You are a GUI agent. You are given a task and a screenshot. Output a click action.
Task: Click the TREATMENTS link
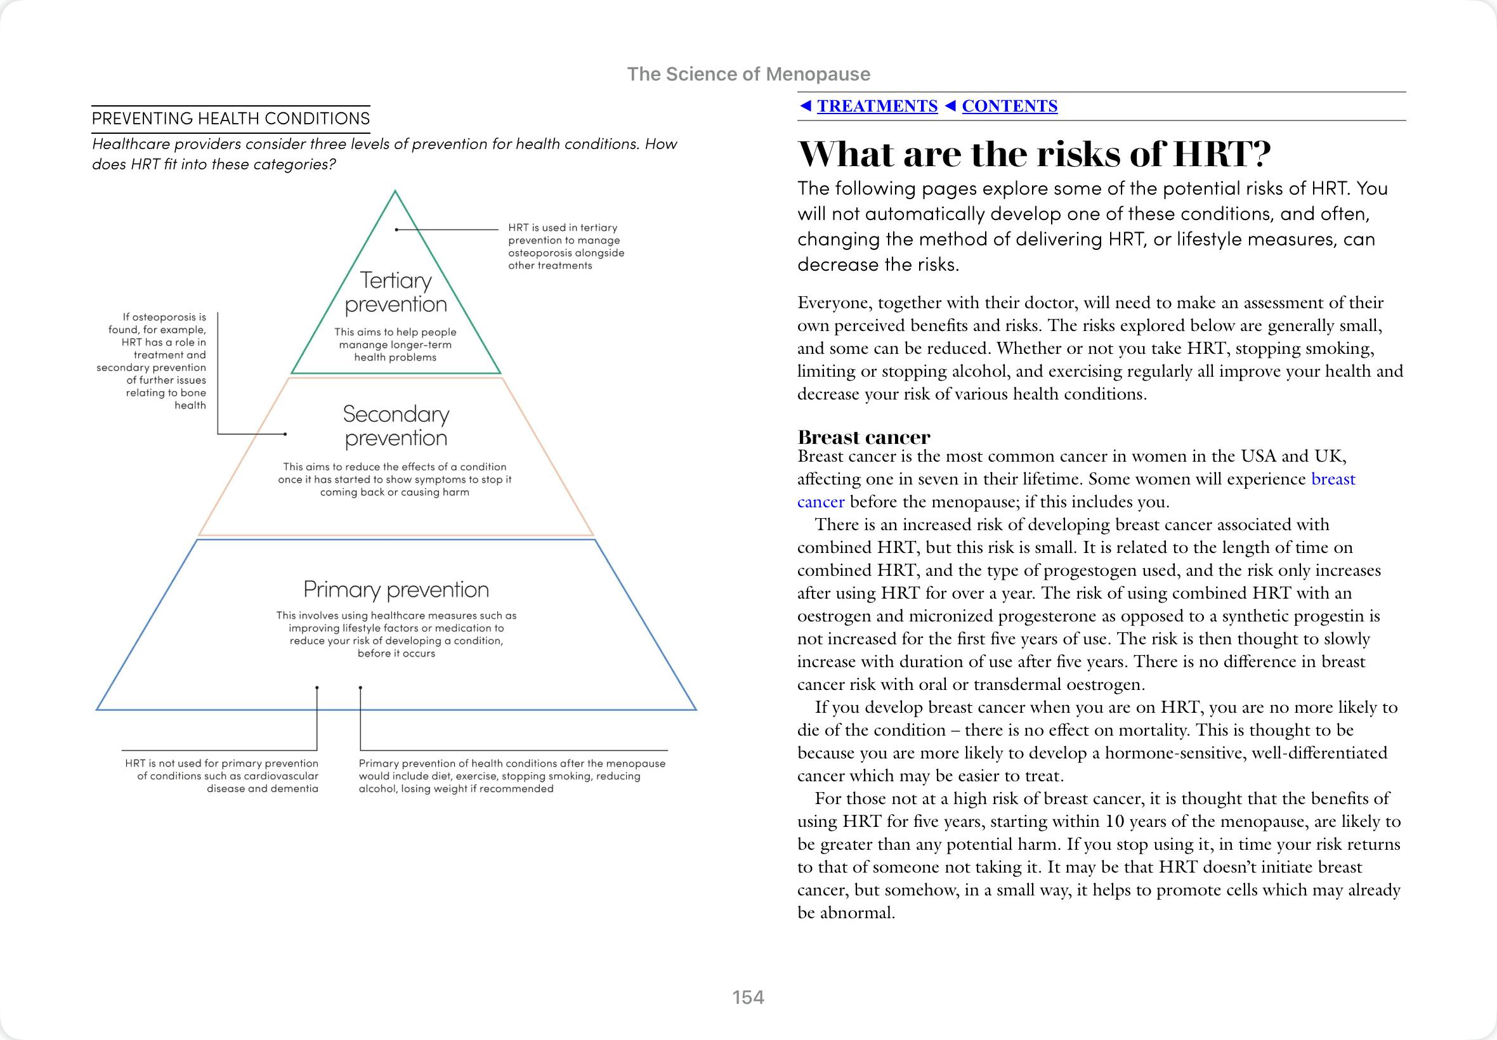click(877, 106)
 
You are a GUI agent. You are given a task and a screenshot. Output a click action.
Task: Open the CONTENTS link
click(1009, 106)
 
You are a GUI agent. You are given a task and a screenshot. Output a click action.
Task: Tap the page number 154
click(748, 997)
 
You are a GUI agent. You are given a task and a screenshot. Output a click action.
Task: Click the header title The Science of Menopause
click(748, 74)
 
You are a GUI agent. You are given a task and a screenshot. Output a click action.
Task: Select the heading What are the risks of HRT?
click(1035, 155)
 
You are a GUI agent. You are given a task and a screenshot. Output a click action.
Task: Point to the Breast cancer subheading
click(863, 436)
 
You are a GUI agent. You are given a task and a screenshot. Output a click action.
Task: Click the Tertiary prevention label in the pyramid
click(396, 292)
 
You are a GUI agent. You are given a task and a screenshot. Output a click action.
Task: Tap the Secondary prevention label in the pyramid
click(396, 426)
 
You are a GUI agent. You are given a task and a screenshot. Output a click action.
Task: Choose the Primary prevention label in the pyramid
click(396, 590)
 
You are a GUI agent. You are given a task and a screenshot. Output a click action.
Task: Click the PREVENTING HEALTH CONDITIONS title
click(231, 119)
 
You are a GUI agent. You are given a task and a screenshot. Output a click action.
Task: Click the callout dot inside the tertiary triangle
click(396, 230)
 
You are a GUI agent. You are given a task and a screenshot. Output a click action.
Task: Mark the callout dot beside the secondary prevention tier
click(285, 434)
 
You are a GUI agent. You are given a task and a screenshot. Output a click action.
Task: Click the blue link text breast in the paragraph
click(1333, 479)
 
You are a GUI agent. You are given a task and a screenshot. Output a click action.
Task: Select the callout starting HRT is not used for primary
click(221, 776)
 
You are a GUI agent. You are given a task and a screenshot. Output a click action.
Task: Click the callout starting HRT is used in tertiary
click(566, 246)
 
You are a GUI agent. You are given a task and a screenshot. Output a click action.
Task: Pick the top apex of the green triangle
click(395, 191)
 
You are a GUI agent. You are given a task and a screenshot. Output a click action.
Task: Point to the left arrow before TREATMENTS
click(806, 105)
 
